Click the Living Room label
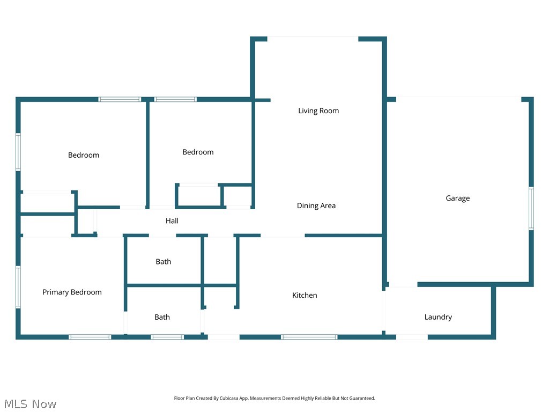(318, 111)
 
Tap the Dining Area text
(316, 206)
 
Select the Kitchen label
(305, 296)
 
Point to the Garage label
(457, 198)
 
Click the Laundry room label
(438, 317)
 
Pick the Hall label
(172, 221)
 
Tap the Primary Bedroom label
(72, 292)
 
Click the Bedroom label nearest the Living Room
(198, 152)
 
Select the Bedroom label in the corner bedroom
(83, 156)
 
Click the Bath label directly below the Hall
(164, 262)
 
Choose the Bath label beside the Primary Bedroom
(162, 318)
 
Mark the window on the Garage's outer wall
(531, 208)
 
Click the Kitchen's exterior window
(309, 337)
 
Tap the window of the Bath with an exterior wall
(167, 337)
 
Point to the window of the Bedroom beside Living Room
(175, 99)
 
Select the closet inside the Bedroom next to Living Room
(198, 196)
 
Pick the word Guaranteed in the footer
(362, 399)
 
